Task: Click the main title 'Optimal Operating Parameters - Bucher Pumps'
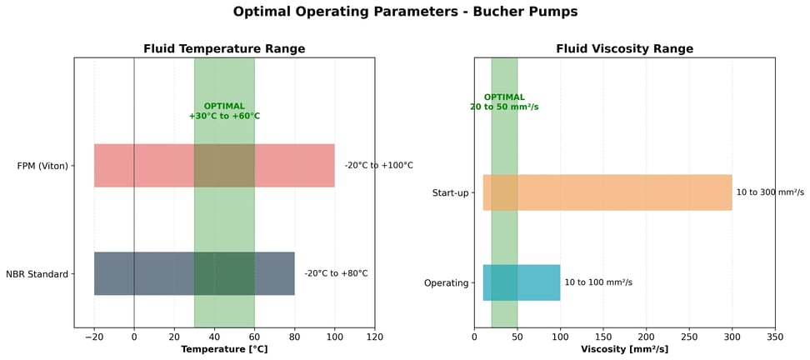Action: click(x=405, y=12)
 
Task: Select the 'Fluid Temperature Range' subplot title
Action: click(x=224, y=48)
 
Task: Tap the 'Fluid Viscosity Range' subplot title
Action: click(x=624, y=48)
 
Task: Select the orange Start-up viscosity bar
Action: click(x=625, y=192)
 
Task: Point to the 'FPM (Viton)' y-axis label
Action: click(x=42, y=166)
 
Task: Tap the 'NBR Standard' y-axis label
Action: click(x=37, y=274)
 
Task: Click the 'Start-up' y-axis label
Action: click(x=450, y=193)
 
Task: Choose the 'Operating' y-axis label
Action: click(x=447, y=283)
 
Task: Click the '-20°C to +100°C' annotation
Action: click(x=379, y=165)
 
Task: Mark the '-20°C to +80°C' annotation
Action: click(x=336, y=273)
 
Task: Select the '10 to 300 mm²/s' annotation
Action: click(x=770, y=192)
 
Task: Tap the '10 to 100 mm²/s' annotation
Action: click(x=598, y=282)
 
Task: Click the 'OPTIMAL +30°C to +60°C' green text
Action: click(x=224, y=111)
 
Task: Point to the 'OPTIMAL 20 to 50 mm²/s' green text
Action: click(x=504, y=102)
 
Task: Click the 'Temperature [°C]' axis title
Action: click(x=224, y=349)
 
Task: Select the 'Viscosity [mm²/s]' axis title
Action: click(x=624, y=349)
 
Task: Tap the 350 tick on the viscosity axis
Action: click(x=775, y=337)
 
